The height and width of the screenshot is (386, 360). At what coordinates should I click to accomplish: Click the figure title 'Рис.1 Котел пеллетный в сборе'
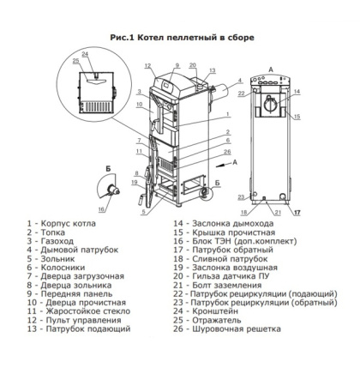[182, 38]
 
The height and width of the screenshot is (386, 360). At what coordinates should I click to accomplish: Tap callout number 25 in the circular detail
[76, 63]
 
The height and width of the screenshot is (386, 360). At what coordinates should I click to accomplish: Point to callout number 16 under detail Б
[102, 208]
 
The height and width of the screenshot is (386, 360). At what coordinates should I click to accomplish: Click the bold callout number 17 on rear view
[299, 211]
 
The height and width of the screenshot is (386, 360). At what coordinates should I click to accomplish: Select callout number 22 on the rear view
[243, 93]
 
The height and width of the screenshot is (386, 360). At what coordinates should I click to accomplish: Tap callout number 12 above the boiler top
[147, 65]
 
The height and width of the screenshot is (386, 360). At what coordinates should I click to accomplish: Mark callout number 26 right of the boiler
[227, 152]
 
